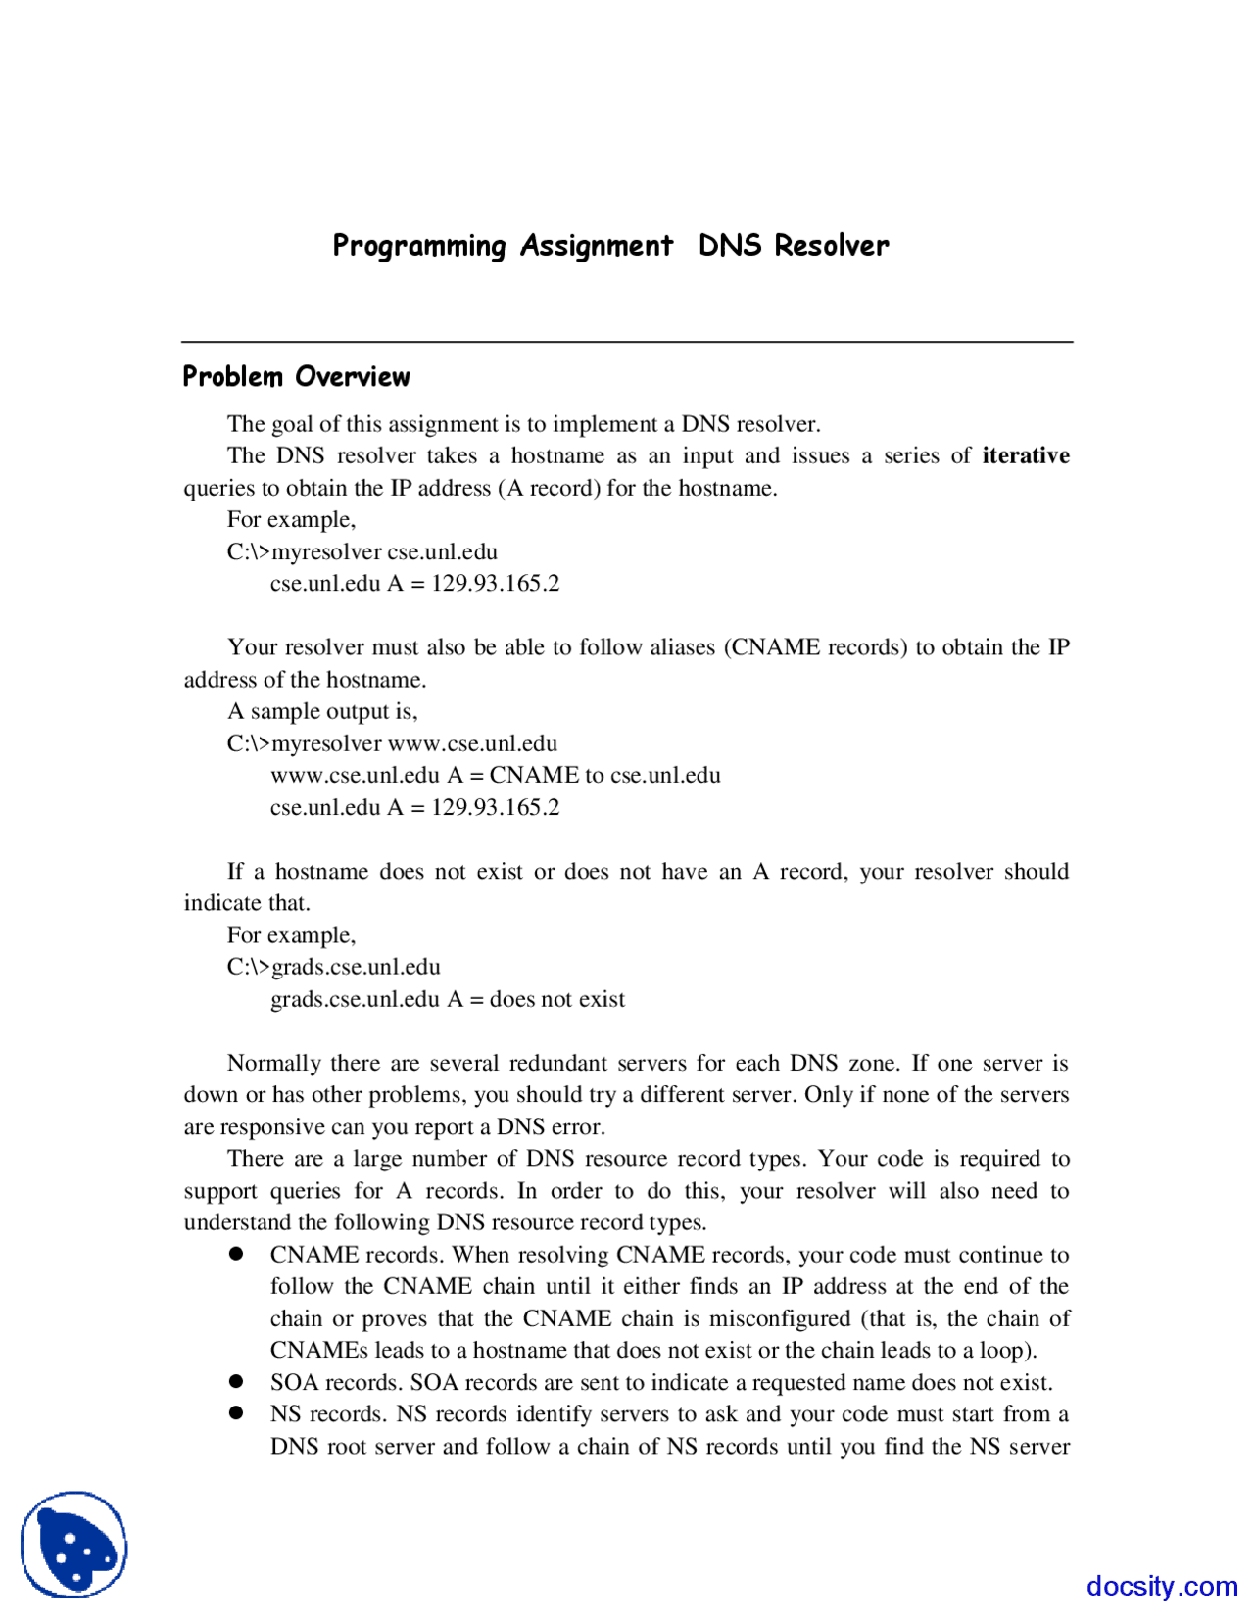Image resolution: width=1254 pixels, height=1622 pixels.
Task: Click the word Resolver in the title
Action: pos(831,245)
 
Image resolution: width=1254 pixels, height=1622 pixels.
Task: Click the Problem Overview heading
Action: pos(296,377)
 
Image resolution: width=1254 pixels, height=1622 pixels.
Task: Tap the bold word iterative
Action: pos(1025,455)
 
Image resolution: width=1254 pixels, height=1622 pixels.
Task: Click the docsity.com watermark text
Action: pos(1161,1585)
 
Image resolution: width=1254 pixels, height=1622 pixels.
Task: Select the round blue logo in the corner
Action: pos(74,1545)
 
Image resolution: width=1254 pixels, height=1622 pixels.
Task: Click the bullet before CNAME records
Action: pos(236,1254)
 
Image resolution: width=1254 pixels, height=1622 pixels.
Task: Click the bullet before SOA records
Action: pos(236,1381)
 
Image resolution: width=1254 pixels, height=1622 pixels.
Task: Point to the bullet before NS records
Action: pos(236,1412)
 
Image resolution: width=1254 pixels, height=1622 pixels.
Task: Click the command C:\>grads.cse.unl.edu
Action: pos(333,967)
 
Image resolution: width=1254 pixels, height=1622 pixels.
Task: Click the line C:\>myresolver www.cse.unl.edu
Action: pos(392,743)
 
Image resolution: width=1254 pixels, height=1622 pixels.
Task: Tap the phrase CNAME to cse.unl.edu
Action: pos(604,775)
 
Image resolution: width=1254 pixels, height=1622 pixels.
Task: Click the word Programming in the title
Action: pos(419,245)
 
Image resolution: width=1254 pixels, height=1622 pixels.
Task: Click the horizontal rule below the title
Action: pos(627,342)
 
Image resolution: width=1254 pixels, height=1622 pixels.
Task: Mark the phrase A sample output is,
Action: pos(322,711)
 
